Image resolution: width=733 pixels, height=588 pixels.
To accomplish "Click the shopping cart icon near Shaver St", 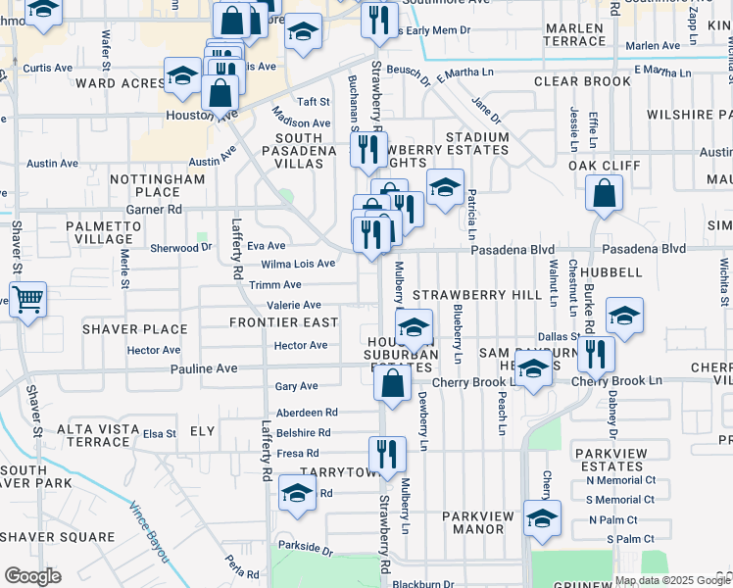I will click(x=27, y=298).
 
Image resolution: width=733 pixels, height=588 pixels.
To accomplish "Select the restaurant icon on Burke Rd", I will click(x=596, y=354).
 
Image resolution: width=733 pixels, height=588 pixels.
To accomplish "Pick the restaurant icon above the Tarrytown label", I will click(x=387, y=454).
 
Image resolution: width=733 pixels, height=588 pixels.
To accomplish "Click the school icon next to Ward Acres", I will click(x=182, y=76).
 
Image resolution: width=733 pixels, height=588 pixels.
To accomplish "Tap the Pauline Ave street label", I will click(x=204, y=368).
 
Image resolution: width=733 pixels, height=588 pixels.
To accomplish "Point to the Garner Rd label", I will click(x=154, y=209).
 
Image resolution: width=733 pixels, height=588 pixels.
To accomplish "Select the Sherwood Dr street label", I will click(x=180, y=248).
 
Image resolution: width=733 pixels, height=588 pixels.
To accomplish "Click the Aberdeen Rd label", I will click(x=307, y=413).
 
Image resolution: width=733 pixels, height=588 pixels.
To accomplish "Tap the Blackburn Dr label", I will click(x=422, y=584).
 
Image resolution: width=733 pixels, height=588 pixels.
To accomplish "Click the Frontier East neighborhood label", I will click(x=283, y=322).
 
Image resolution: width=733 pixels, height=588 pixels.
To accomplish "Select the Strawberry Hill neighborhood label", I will click(x=477, y=295).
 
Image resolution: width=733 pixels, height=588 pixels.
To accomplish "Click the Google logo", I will click(x=32, y=576).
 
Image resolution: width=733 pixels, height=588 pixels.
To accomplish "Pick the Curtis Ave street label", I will click(x=47, y=69).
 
